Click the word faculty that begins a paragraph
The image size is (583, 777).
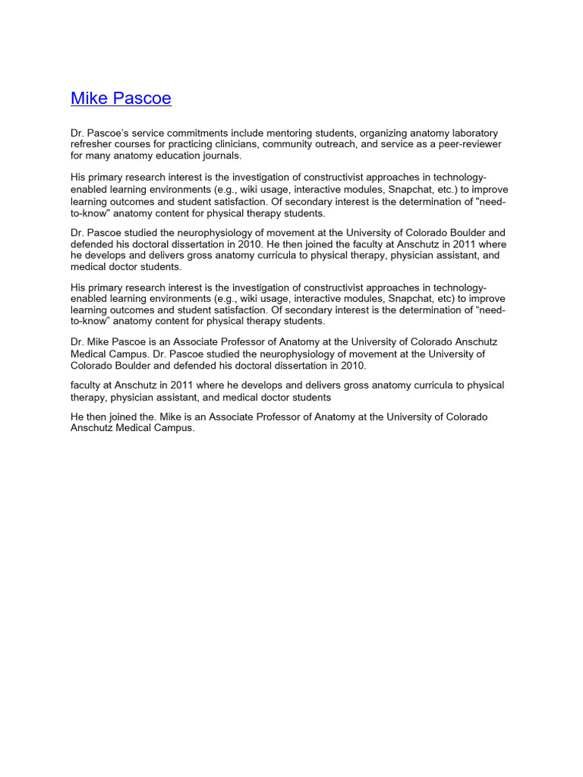point(87,385)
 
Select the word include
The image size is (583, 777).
point(224,133)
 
